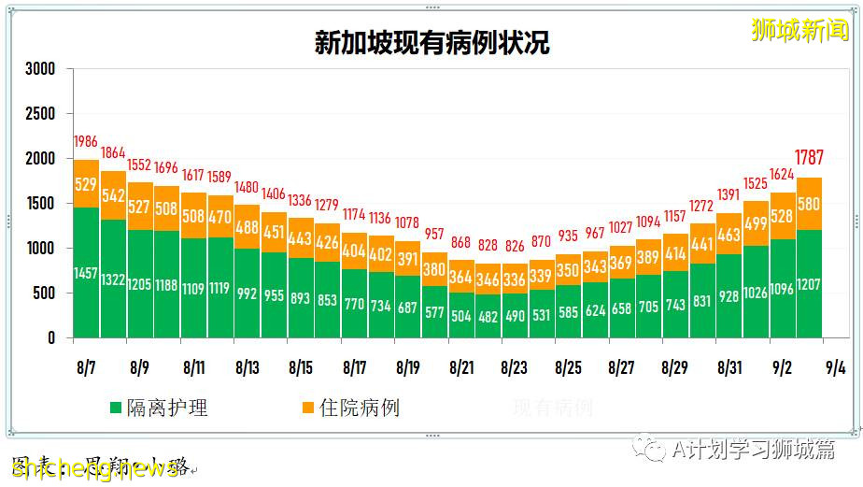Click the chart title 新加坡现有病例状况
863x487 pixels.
431,44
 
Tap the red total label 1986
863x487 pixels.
86,142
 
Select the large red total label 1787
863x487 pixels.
809,157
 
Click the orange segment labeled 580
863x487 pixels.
809,204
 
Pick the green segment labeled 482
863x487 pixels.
488,316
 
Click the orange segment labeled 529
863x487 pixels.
86,184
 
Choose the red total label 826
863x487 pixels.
515,245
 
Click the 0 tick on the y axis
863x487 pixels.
50,338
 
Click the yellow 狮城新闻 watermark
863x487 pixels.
800,30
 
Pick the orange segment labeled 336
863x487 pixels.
515,279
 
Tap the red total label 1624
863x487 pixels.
782,174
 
